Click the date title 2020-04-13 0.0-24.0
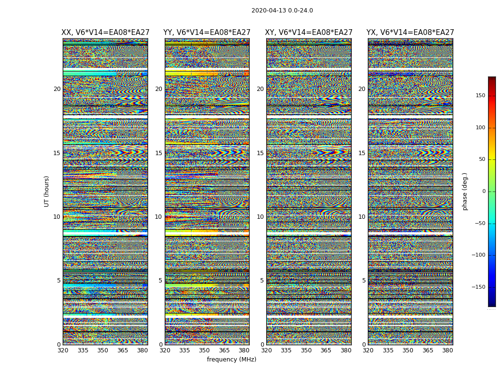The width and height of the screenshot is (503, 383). (282, 11)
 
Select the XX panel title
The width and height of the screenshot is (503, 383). (105, 33)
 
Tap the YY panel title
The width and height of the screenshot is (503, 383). (207, 33)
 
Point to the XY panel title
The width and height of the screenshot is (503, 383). (309, 33)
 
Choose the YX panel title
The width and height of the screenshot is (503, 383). (411, 33)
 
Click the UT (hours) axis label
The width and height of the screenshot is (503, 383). (47, 191)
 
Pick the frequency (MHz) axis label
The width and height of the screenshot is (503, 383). (231, 360)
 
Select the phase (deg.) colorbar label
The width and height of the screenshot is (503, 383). (465, 191)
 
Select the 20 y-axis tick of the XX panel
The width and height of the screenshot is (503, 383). (57, 89)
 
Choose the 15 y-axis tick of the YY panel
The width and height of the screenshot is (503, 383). (159, 153)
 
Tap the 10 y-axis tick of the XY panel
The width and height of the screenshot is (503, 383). (260, 217)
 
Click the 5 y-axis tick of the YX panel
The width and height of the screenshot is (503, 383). (364, 281)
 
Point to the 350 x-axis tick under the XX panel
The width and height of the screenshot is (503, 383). (103, 350)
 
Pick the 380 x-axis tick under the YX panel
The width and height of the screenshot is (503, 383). (447, 350)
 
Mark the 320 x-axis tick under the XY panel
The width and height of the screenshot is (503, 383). (266, 350)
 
